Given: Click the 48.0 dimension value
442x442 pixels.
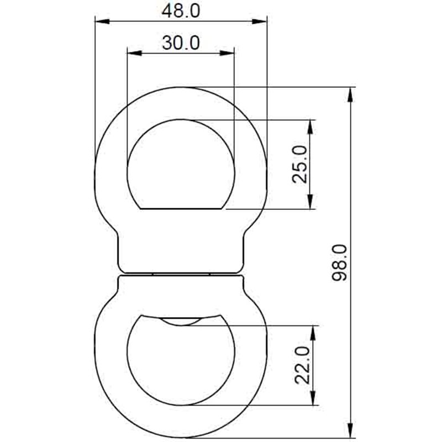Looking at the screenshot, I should point(181,10).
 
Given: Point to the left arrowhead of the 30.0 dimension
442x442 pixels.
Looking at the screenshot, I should point(132,54).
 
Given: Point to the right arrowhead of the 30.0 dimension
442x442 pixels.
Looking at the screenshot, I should point(229,54).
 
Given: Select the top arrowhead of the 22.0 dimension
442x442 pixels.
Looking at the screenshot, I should point(314,330).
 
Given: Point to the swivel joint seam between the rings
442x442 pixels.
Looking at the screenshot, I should point(181,273).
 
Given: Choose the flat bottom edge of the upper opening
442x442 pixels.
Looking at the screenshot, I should point(181,209).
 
